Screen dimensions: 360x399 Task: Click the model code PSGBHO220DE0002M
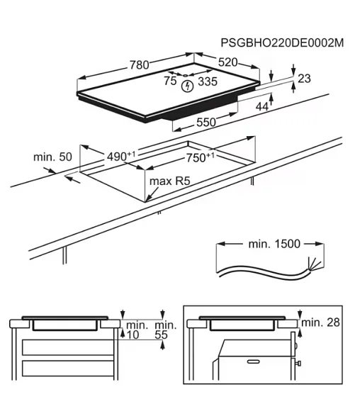coord(282,43)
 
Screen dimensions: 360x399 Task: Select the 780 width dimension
coord(139,65)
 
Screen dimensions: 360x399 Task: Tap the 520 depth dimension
coord(227,62)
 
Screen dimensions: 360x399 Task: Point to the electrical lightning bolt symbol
coord(188,86)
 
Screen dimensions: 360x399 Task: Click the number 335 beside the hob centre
coord(208,82)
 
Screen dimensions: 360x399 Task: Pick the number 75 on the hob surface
coord(170,81)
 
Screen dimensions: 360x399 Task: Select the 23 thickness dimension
coord(304,79)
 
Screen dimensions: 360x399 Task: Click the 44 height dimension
coord(262,107)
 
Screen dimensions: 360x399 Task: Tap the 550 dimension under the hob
coord(206,123)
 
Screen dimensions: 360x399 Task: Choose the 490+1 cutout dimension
coord(121,156)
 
